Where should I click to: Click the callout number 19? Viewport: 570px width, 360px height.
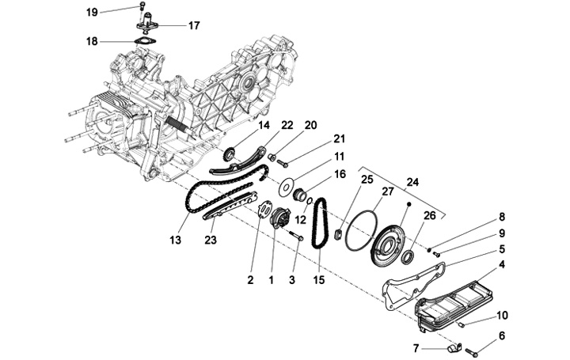(x=92, y=12)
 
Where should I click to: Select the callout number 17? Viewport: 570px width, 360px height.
(x=195, y=25)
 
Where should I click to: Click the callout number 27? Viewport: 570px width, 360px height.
(x=388, y=191)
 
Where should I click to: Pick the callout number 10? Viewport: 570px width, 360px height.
(x=501, y=316)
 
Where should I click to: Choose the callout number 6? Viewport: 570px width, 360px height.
(x=501, y=336)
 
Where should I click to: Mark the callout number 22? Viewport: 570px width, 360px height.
(x=287, y=125)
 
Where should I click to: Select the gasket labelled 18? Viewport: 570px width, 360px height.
(x=142, y=41)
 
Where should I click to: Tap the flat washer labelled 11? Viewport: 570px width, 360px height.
(x=288, y=188)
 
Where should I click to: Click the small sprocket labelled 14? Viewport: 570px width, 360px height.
(x=230, y=153)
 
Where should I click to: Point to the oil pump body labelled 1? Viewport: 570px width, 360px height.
(x=278, y=218)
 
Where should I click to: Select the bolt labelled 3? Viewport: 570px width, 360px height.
(x=297, y=235)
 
